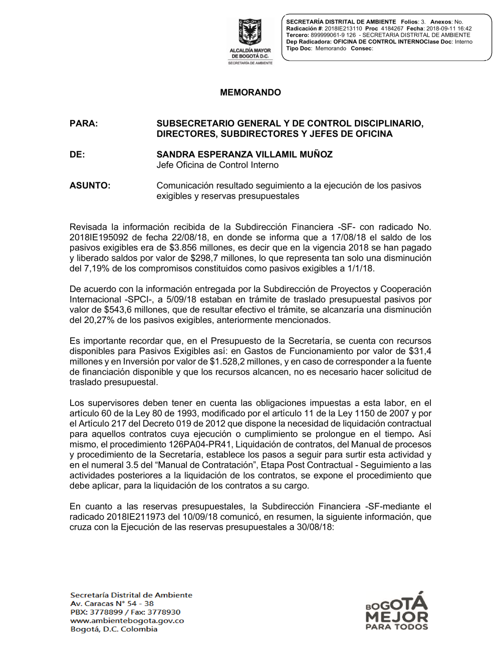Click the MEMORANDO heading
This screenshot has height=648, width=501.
[250, 93]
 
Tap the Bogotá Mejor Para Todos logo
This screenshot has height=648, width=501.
[397, 611]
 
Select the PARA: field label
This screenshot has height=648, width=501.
[84, 124]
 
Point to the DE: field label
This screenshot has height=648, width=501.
[77, 155]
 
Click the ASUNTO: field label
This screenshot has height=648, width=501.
[90, 186]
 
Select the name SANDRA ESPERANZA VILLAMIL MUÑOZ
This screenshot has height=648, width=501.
[244, 155]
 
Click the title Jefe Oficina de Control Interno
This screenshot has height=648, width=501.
[217, 165]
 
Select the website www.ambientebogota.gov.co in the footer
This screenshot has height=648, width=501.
[127, 620]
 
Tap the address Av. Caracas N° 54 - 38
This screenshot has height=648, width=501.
[112, 603]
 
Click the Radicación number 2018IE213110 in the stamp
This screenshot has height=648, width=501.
[343, 29]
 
